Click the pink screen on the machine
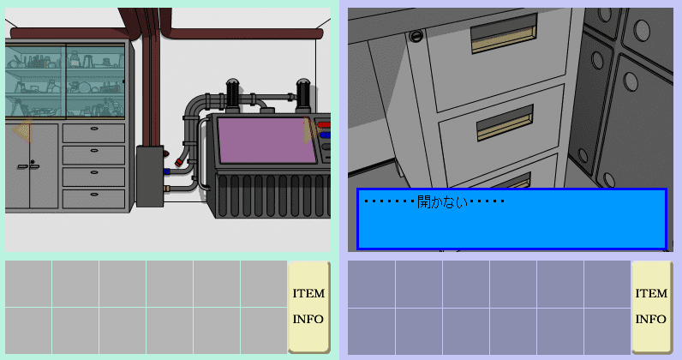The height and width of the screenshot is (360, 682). [266, 141]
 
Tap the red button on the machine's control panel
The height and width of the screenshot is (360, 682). [324, 125]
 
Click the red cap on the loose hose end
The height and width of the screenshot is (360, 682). [179, 163]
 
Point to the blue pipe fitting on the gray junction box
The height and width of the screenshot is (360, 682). [166, 171]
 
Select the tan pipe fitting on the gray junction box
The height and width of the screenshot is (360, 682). [166, 189]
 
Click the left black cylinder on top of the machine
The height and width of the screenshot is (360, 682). [233, 93]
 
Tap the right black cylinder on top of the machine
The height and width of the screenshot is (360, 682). [302, 93]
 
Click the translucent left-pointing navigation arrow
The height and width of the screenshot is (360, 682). [22, 129]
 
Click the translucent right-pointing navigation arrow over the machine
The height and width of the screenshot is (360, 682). [311, 129]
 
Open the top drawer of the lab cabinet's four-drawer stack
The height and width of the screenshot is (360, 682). [93, 133]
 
